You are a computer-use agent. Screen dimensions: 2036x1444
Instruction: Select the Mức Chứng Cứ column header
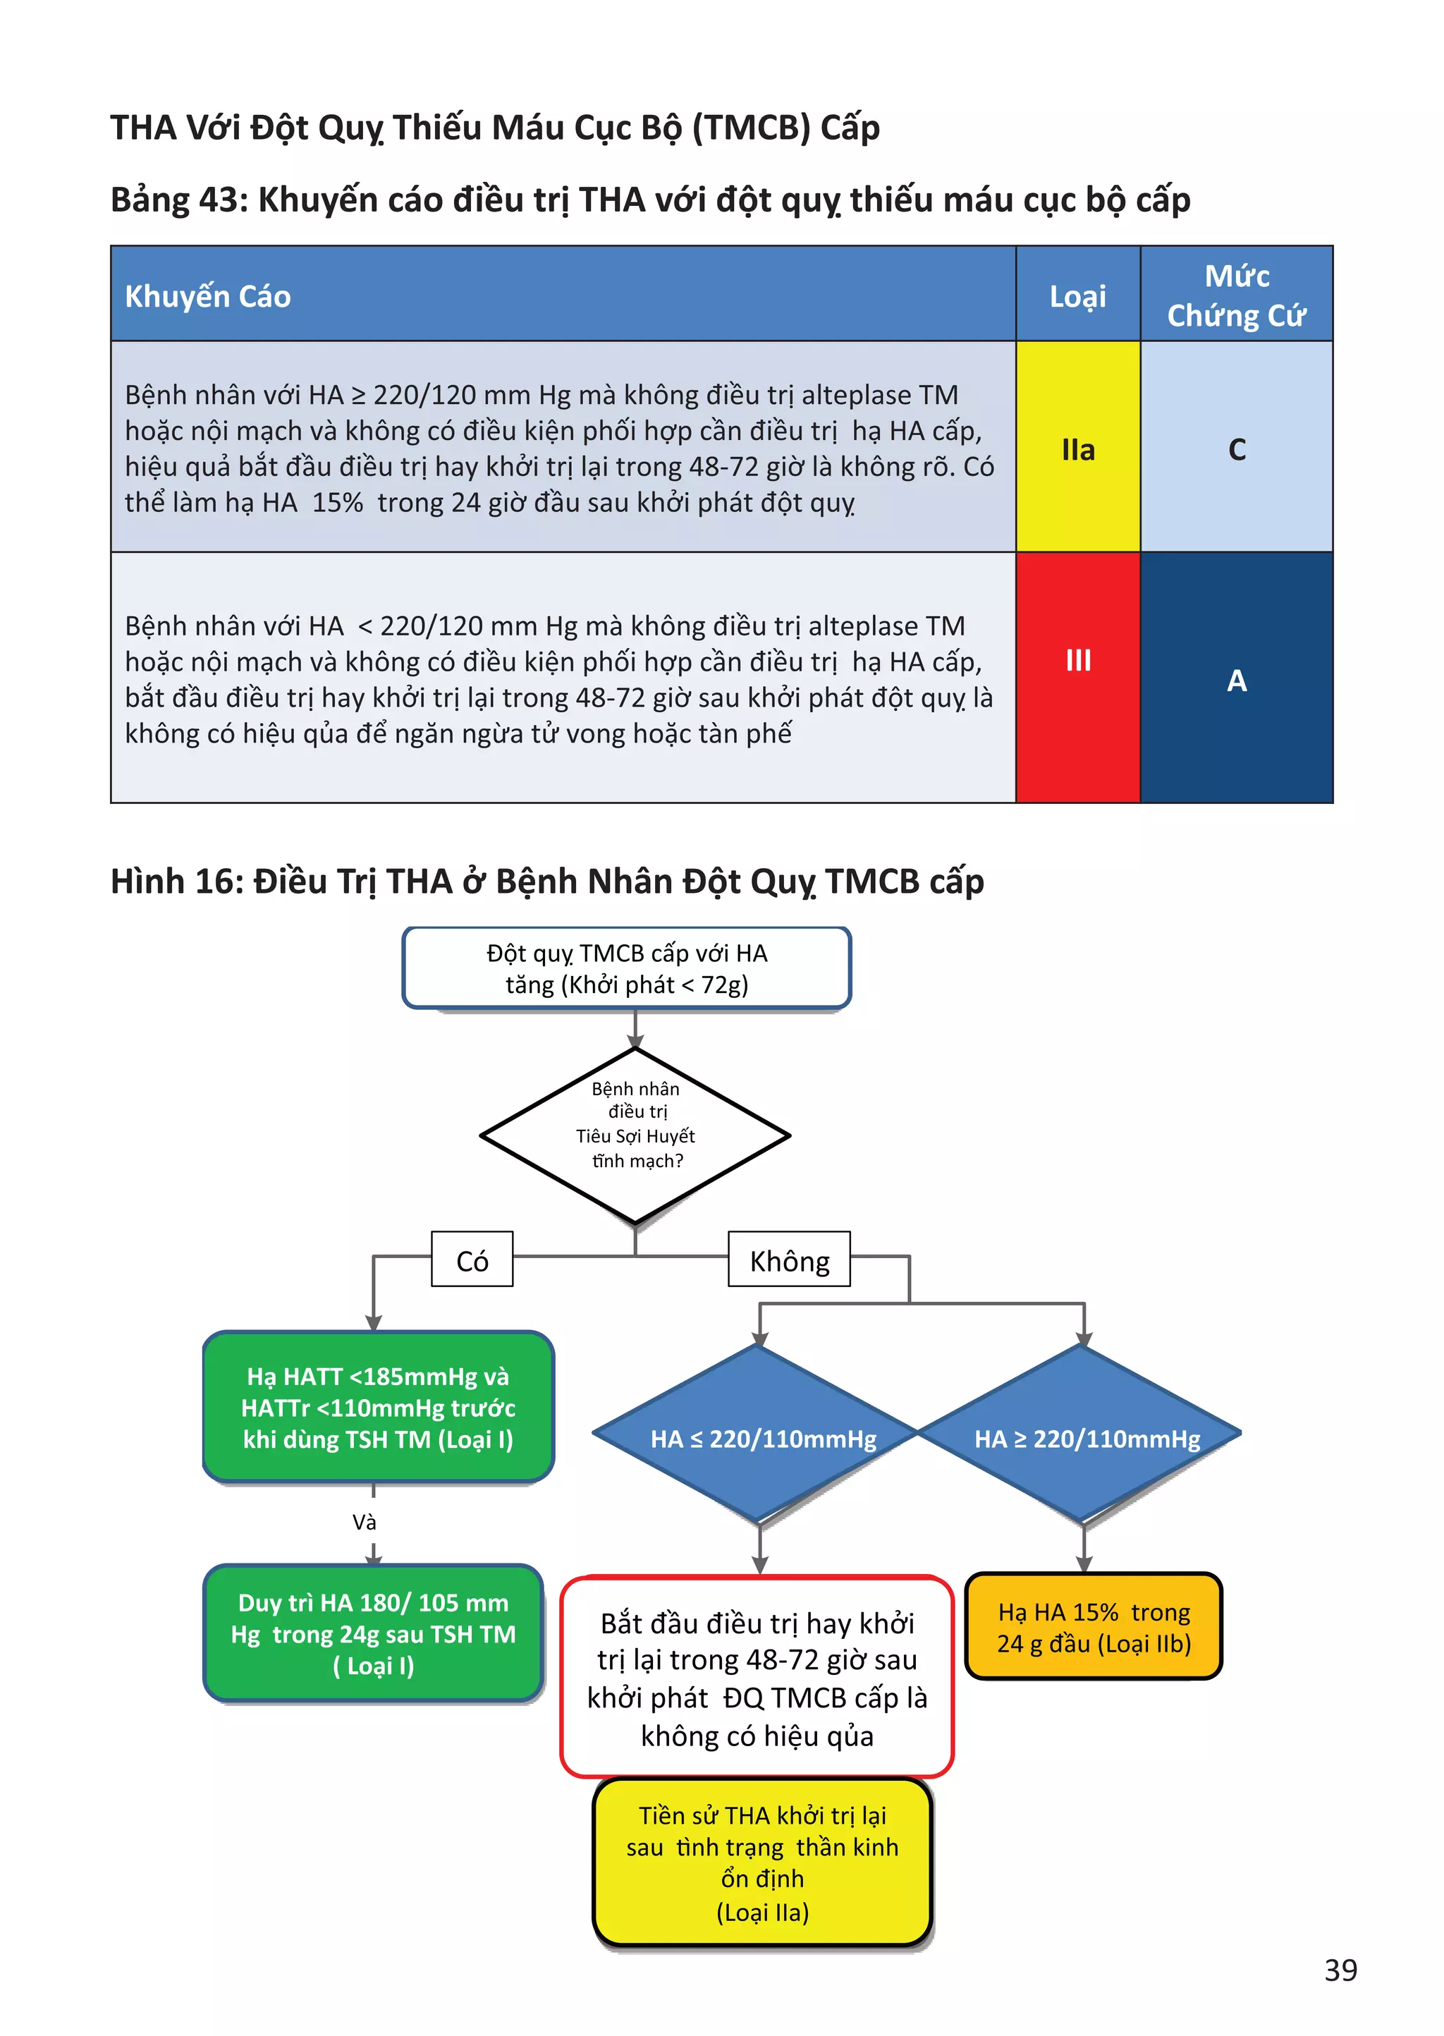point(1236,294)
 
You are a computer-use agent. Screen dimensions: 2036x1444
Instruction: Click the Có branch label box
point(472,1259)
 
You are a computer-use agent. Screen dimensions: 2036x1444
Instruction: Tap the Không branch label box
point(789,1259)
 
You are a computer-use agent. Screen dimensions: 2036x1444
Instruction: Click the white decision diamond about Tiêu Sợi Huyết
point(635,1135)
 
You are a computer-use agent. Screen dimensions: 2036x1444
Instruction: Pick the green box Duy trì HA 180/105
point(374,1633)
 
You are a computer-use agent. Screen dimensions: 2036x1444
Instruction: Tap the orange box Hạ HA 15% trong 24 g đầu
point(1094,1626)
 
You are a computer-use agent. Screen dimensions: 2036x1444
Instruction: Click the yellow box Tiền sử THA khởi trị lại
point(762,1863)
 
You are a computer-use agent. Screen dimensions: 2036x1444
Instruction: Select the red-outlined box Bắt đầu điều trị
point(757,1678)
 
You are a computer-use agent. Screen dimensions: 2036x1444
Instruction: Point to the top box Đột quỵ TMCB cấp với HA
point(627,968)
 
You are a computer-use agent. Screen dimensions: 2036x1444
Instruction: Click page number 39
point(1340,1969)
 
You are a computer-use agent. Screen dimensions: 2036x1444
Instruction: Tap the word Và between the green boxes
point(365,1522)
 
